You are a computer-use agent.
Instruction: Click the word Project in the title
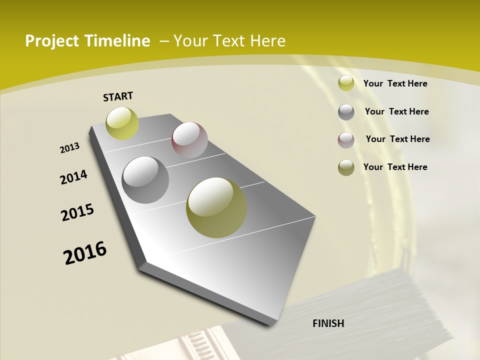pos(52,41)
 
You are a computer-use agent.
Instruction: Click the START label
pos(118,96)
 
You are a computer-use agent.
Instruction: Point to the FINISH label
pos(328,323)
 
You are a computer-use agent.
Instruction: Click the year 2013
pos(69,148)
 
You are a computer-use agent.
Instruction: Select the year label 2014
pos(73,177)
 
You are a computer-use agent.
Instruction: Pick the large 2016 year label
pos(85,253)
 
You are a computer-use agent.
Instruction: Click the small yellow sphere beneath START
pos(122,123)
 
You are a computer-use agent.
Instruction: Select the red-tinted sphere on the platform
pos(189,140)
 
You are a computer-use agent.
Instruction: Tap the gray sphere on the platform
pos(145,180)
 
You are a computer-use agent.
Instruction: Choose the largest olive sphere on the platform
pos(216,207)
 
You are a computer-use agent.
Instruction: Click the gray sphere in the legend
pos(346,112)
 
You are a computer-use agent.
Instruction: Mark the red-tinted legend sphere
pos(346,140)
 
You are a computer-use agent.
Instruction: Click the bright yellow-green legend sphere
pos(346,83)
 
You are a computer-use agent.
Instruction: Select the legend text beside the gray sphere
pos(396,111)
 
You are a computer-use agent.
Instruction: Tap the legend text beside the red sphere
pos(397,139)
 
